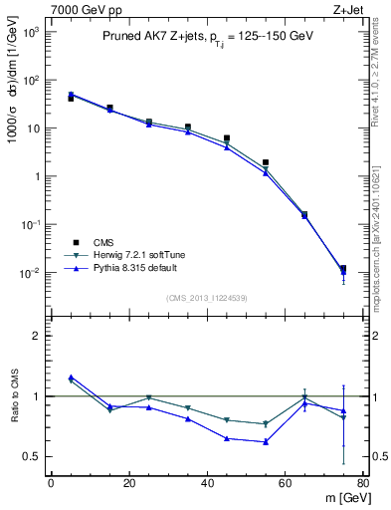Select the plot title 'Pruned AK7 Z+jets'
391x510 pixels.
coord(148,36)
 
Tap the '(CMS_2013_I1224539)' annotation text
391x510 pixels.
coord(206,299)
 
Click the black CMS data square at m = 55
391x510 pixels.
coord(266,162)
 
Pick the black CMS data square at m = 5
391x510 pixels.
coord(71,99)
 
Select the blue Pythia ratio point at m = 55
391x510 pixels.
coord(266,441)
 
